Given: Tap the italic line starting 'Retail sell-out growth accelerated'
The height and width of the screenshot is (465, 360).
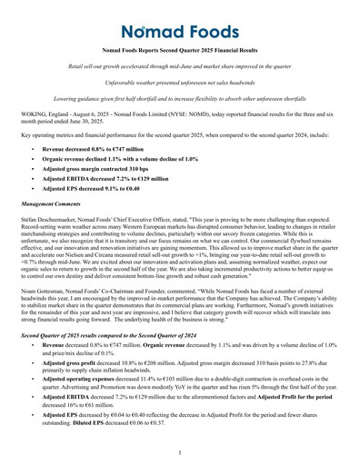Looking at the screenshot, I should pos(180,69).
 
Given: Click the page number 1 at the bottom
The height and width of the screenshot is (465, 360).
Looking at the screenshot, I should pos(180,451).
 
